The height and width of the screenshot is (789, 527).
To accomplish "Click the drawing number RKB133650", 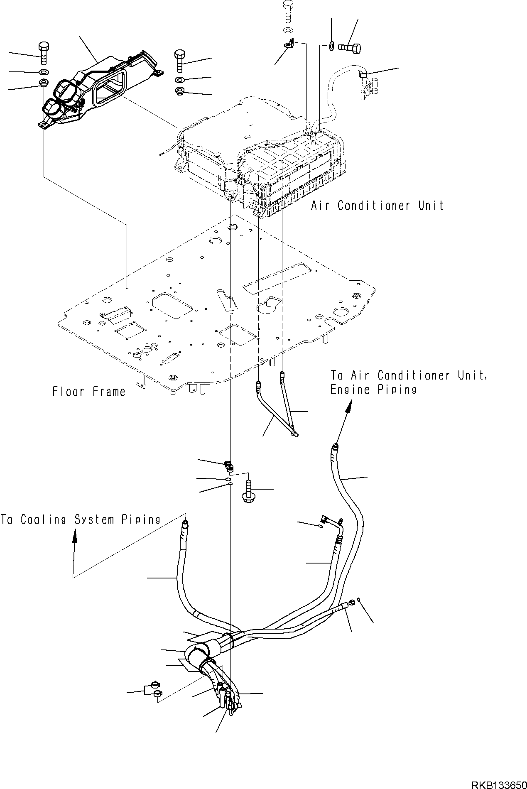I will tap(498, 782).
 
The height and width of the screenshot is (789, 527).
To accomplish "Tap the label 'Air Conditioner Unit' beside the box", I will tap(377, 206).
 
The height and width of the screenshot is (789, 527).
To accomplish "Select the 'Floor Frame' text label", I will tap(88, 392).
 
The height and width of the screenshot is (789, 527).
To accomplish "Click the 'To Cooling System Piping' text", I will tap(80, 519).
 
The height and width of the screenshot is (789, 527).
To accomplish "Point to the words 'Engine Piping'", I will tap(373, 390).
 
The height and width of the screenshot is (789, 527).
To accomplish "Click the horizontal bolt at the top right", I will tap(350, 48).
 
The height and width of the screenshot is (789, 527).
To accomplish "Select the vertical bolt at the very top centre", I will tap(287, 9).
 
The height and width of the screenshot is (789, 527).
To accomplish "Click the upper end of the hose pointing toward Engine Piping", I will tap(335, 447).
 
